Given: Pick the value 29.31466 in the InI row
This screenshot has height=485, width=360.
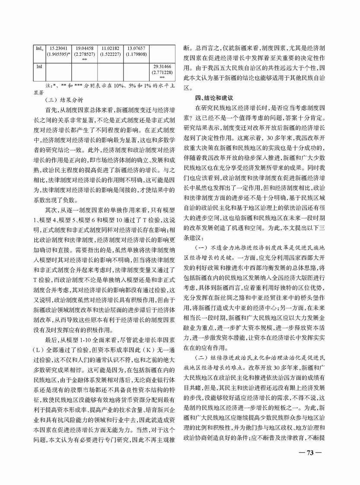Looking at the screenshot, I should (x=162, y=68).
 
